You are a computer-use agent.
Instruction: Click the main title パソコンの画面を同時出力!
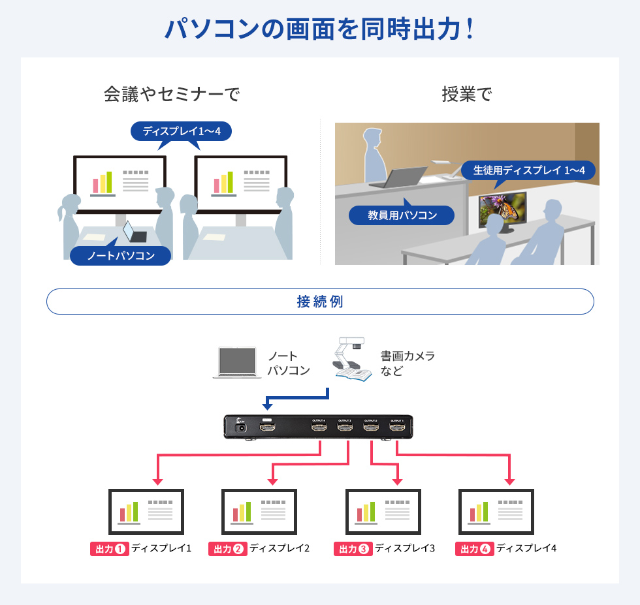coord(319,29)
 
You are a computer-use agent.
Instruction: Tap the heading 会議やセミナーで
coord(172,95)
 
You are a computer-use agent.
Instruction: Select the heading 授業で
coord(466,95)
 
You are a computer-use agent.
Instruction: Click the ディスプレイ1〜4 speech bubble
coord(182,131)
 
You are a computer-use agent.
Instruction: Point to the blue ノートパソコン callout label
coord(121,255)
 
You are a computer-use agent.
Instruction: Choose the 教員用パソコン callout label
coord(402,215)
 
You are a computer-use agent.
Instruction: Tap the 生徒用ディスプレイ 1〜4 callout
coord(528,170)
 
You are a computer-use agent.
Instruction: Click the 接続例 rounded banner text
coord(319,302)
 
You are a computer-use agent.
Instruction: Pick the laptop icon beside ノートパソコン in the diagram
coord(236,363)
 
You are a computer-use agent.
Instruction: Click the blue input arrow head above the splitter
coord(268,406)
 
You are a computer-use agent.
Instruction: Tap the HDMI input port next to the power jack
coord(267,427)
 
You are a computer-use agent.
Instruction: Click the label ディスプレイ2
coord(280,548)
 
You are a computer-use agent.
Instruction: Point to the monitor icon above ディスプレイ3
coord(382,512)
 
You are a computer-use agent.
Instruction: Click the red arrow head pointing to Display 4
coord(510,482)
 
